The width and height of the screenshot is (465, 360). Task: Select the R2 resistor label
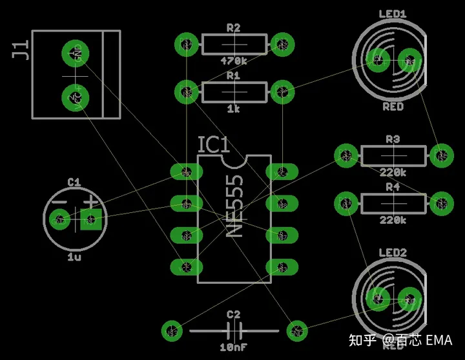point(233,28)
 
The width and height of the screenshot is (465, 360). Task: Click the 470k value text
point(233,61)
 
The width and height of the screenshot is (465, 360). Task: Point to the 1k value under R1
point(233,109)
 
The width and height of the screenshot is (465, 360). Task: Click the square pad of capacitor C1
point(91,221)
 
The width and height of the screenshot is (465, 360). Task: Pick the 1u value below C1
point(74,257)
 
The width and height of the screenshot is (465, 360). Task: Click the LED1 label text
point(393,14)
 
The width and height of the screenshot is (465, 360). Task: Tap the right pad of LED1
point(409,60)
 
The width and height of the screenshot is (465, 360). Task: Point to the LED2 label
point(393,252)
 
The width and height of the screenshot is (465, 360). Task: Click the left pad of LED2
point(377,298)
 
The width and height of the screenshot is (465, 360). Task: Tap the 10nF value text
point(233,347)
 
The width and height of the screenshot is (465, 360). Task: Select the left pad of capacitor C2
point(171,331)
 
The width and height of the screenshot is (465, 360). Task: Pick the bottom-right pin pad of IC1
point(282,266)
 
